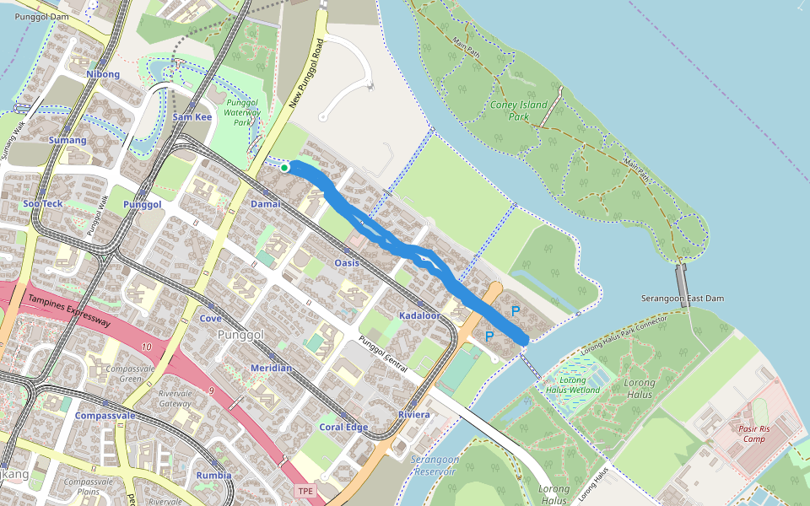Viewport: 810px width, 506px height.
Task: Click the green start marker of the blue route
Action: pyautogui.click(x=285, y=168)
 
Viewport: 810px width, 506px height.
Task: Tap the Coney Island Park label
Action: pyautogui.click(x=518, y=111)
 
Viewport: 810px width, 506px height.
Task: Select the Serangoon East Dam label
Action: pyautogui.click(x=683, y=299)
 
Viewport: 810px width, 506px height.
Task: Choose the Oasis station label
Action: pyautogui.click(x=347, y=263)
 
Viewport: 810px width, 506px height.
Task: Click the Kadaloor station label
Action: pyautogui.click(x=419, y=315)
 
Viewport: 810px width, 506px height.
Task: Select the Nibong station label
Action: pyautogui.click(x=103, y=74)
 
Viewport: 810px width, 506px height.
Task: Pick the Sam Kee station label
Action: pyautogui.click(x=192, y=117)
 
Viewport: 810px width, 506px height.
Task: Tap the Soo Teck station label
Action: pyautogui.click(x=43, y=204)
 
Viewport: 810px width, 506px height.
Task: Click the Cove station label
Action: pyautogui.click(x=211, y=319)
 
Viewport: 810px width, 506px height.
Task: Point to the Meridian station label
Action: pyautogui.click(x=271, y=369)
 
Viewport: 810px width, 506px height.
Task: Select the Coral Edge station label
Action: pyautogui.click(x=343, y=428)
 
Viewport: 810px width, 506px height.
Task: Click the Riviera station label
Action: pyautogui.click(x=414, y=415)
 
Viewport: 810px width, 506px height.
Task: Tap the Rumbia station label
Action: pyautogui.click(x=213, y=475)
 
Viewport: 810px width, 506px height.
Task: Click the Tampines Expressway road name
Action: pyautogui.click(x=69, y=311)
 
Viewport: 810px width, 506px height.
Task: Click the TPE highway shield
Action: pyautogui.click(x=304, y=491)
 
